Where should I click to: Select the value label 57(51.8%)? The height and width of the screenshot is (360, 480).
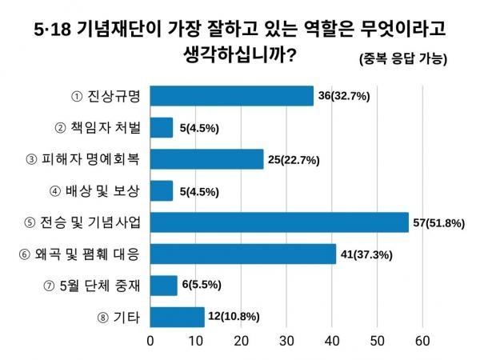pos(438,222)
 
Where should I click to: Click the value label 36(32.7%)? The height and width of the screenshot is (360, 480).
pos(345,96)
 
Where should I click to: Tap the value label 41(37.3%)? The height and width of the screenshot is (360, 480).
pos(367,254)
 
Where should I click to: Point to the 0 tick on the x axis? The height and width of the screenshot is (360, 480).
pos(151,341)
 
